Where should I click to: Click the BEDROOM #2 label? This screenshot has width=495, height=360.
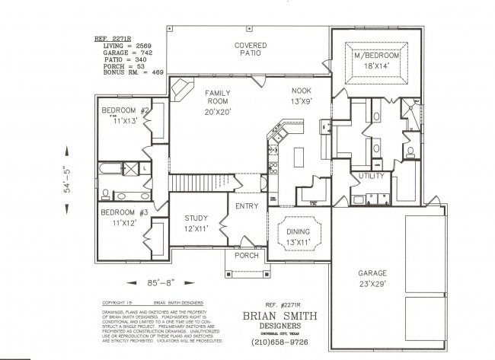click(x=126, y=111)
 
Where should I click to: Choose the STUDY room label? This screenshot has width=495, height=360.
click(x=195, y=218)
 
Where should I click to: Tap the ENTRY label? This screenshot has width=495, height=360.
click(x=247, y=206)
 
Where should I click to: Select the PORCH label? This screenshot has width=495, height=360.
click(x=246, y=256)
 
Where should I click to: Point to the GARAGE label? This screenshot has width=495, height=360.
click(x=372, y=273)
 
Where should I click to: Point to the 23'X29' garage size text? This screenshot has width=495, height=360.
click(x=372, y=284)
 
